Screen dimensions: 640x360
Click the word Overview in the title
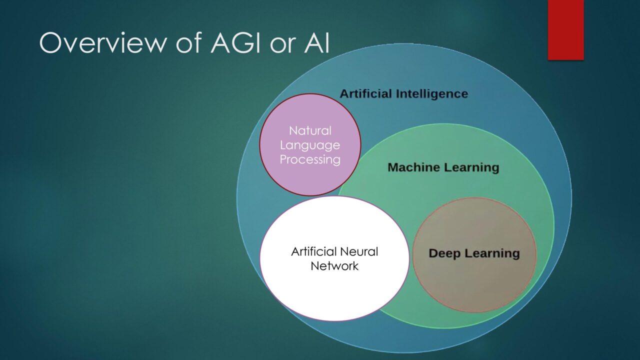(x=103, y=43)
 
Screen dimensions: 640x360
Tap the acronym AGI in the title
(x=235, y=43)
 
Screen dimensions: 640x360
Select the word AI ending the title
(x=316, y=43)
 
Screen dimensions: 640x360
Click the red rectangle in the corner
(x=565, y=30)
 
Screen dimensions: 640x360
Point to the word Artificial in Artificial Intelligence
(x=365, y=93)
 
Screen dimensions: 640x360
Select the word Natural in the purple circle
(x=310, y=131)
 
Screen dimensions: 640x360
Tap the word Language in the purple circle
(x=310, y=145)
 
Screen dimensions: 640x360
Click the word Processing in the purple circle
(x=310, y=159)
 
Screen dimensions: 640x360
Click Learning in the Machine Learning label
(x=469, y=168)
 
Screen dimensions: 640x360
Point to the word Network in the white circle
(x=334, y=266)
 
